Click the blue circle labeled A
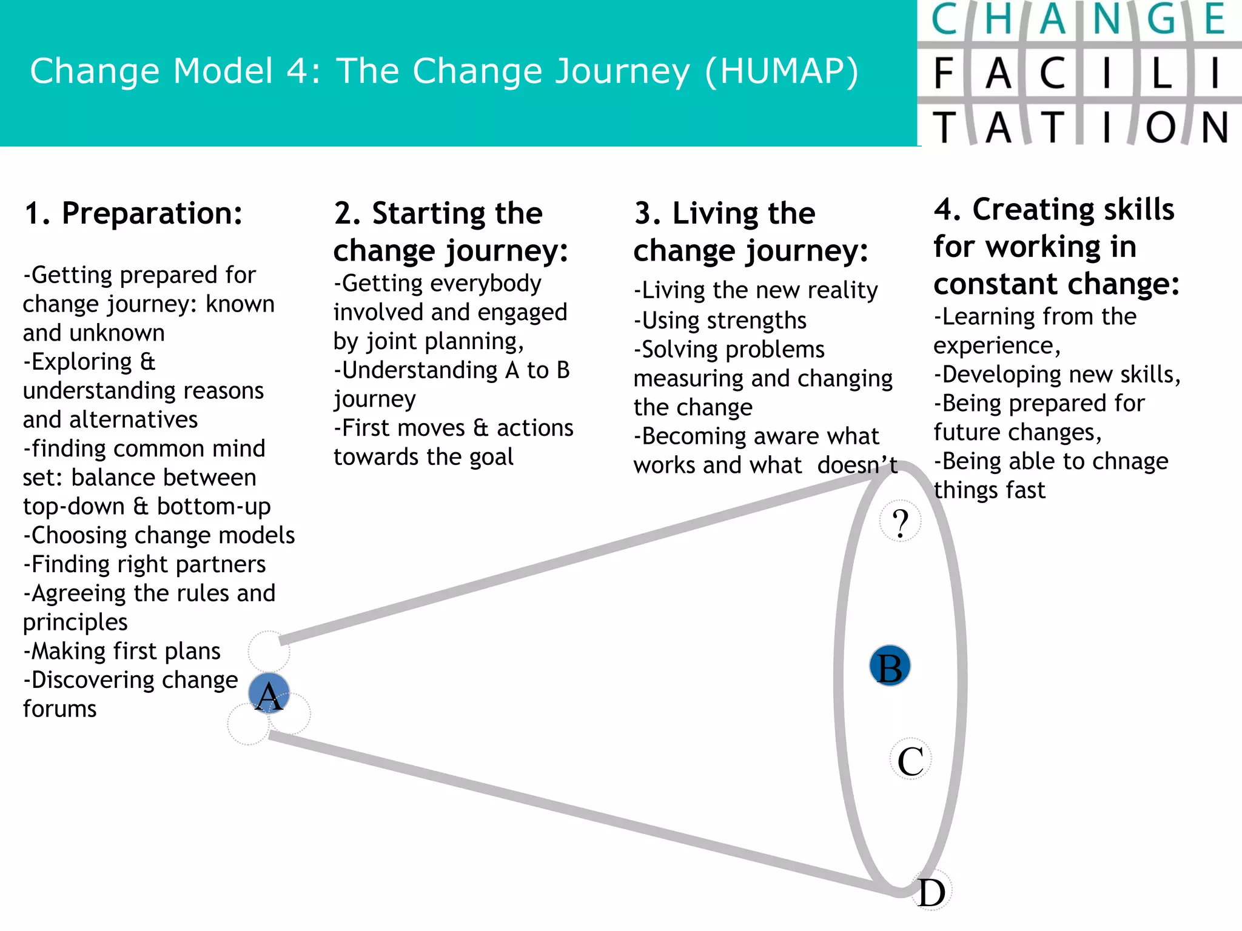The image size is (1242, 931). click(x=269, y=693)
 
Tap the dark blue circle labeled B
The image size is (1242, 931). click(x=890, y=666)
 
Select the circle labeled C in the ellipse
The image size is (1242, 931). click(x=910, y=759)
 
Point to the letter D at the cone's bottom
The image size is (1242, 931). click(x=931, y=892)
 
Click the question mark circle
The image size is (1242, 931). click(x=901, y=521)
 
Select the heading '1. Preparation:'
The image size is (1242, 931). click(x=133, y=213)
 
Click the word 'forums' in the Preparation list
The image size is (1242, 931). click(x=59, y=709)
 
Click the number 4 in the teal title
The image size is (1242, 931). click(x=298, y=71)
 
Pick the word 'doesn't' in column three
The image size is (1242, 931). click(x=857, y=465)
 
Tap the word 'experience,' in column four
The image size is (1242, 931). click(x=996, y=345)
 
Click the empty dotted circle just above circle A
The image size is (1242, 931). click(x=269, y=651)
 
